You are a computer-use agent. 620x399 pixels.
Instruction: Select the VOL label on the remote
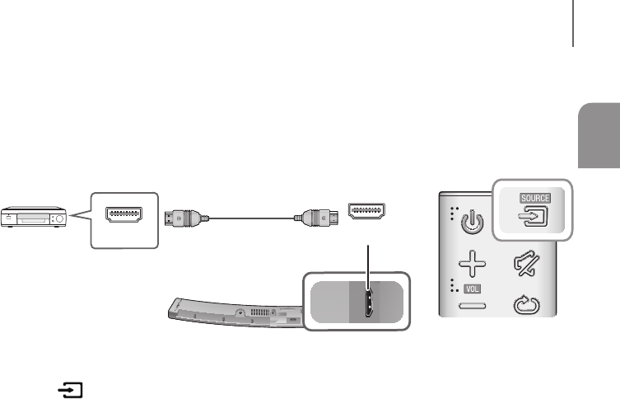(x=471, y=290)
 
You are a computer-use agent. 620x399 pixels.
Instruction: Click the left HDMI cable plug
(x=185, y=218)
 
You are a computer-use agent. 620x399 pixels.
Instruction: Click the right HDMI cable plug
(x=315, y=218)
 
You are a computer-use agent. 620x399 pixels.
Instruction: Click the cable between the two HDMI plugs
(x=250, y=218)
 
